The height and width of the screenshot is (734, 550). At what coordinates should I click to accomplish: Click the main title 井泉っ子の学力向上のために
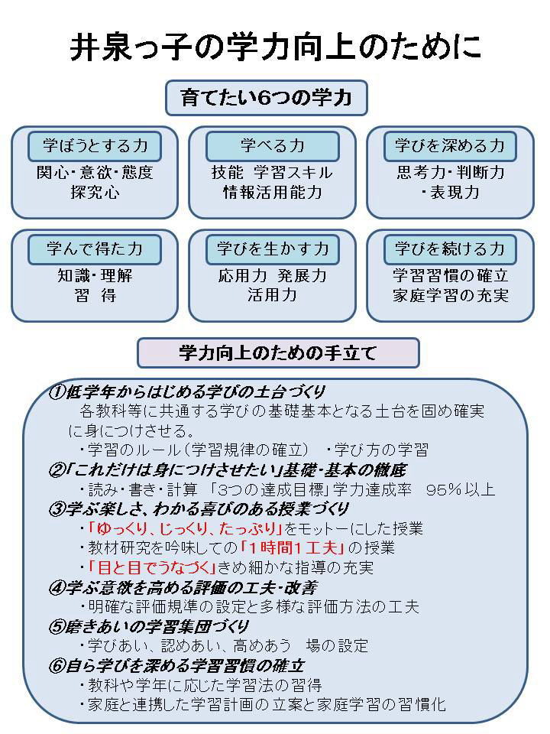276,47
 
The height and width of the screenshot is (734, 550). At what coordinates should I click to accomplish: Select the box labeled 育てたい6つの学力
267,99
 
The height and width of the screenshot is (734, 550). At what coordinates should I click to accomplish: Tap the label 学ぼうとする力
95,146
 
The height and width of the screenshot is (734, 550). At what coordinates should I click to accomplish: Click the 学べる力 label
272,146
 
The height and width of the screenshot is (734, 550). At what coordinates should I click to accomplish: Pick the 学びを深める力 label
450,146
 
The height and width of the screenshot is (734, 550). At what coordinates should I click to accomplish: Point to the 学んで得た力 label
95,249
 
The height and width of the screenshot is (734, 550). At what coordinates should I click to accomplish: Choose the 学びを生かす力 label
272,249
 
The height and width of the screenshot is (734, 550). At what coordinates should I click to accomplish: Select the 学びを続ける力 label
450,249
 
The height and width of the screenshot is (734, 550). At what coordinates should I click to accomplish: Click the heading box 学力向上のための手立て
278,353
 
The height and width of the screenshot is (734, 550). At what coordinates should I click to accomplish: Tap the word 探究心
95,193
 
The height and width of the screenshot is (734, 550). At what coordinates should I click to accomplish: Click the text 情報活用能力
272,193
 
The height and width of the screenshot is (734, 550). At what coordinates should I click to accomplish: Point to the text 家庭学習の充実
451,296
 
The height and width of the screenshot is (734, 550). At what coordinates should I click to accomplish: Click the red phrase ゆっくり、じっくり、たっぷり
185,528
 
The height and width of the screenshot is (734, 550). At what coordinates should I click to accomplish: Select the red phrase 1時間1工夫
293,547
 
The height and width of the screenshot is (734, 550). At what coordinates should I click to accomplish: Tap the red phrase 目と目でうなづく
152,567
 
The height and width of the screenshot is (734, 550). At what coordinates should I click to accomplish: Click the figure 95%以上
461,489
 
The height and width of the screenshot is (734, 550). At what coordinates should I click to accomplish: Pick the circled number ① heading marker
56,391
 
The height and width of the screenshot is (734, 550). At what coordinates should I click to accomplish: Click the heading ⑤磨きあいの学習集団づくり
149,626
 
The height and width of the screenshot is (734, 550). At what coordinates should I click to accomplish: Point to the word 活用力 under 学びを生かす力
272,295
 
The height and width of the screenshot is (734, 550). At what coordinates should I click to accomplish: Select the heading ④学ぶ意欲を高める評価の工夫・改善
183,587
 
